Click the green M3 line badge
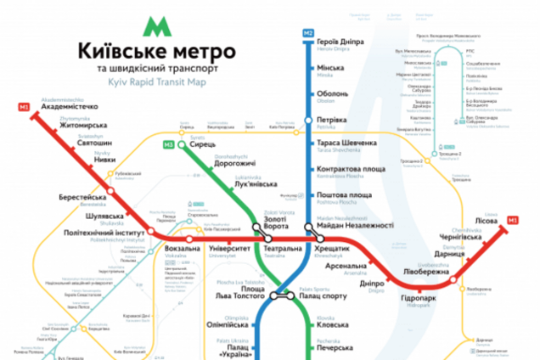[x=170, y=144]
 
